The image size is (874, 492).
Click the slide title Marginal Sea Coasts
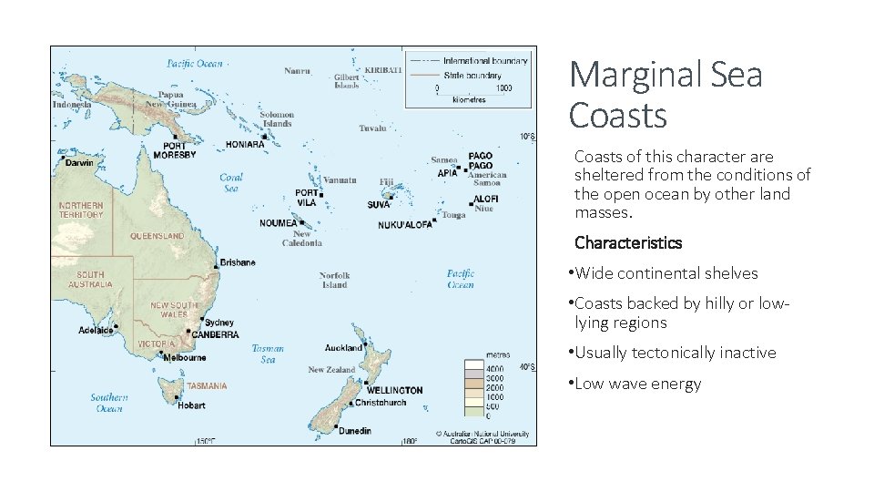coord(666,95)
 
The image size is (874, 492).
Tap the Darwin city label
coord(79,164)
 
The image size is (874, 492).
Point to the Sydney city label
coord(218,323)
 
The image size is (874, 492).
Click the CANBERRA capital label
coord(215,334)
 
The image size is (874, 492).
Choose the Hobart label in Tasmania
coord(191,405)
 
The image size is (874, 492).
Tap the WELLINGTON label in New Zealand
coord(394,390)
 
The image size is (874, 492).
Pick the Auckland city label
coord(343,347)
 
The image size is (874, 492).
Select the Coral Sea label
coord(231,183)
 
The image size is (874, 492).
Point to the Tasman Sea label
coord(268,354)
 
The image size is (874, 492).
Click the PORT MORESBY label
coord(174,150)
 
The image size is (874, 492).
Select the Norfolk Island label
coord(334,280)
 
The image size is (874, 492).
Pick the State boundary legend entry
coord(471,74)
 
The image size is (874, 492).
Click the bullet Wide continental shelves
coord(666,273)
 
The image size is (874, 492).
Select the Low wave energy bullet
coord(637,384)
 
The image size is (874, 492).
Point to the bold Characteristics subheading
coord(627,242)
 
